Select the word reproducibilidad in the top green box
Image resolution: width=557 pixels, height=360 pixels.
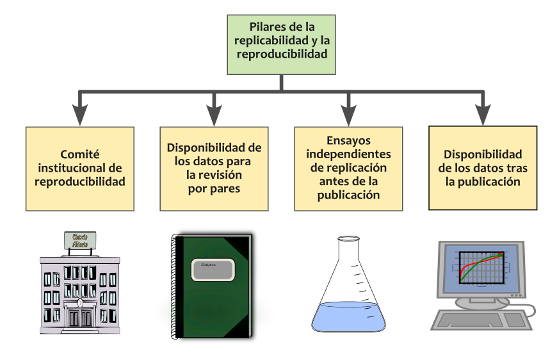click(282, 54)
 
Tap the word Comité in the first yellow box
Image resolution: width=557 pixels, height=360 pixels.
click(80, 154)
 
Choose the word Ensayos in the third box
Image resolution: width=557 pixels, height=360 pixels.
click(348, 140)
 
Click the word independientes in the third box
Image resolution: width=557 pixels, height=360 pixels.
click(348, 154)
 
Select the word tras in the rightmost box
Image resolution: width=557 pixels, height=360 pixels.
click(507, 168)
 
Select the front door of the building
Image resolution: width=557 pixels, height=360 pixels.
click(80, 318)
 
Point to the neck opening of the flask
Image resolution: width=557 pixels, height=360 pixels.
click(348, 240)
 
